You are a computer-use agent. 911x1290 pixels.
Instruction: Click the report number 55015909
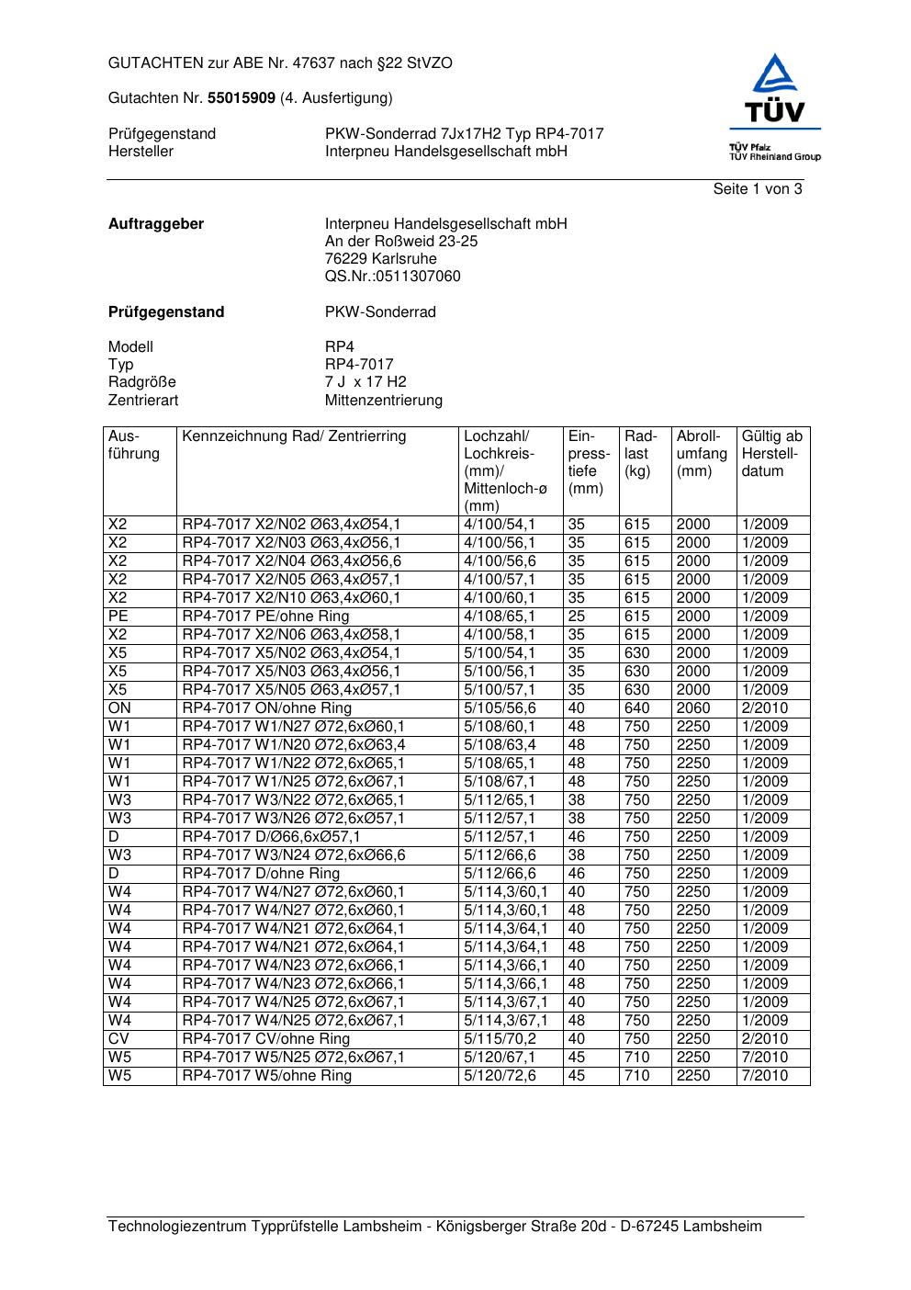point(242,97)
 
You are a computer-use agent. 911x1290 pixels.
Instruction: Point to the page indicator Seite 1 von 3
point(757,189)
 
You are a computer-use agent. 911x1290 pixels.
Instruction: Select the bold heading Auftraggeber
point(156,224)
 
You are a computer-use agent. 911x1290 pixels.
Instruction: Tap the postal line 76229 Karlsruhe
point(380,259)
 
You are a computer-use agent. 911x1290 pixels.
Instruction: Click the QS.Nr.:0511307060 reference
point(392,277)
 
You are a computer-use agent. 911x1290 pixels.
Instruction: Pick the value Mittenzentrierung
point(383,401)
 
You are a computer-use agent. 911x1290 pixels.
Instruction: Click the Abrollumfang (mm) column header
point(702,454)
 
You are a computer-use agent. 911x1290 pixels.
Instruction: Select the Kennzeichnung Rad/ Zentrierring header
point(294,436)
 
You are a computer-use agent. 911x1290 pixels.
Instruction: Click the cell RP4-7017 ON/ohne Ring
point(266,708)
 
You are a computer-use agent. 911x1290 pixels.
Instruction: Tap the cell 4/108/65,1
point(500,617)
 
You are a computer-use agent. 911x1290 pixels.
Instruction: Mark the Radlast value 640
point(636,708)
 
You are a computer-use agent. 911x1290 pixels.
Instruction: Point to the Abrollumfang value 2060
point(693,708)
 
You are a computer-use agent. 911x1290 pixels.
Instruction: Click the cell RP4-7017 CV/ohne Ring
point(265,1039)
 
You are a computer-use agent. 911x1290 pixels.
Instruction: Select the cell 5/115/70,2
point(500,1039)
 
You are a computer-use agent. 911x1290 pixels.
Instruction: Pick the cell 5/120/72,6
point(500,1076)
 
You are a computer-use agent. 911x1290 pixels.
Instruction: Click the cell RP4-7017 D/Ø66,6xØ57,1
point(271,837)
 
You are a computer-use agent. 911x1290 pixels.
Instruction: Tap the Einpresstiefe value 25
point(577,617)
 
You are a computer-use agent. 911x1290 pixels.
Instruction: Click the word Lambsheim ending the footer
point(722,1227)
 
